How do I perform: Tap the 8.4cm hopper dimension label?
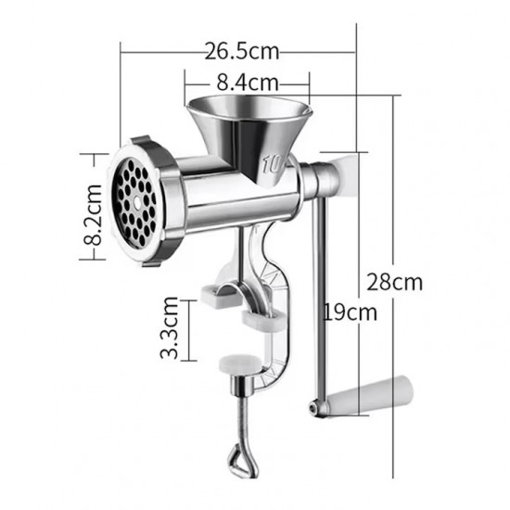(x=248, y=82)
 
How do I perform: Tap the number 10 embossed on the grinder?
(x=272, y=166)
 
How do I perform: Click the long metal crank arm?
(x=322, y=297)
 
